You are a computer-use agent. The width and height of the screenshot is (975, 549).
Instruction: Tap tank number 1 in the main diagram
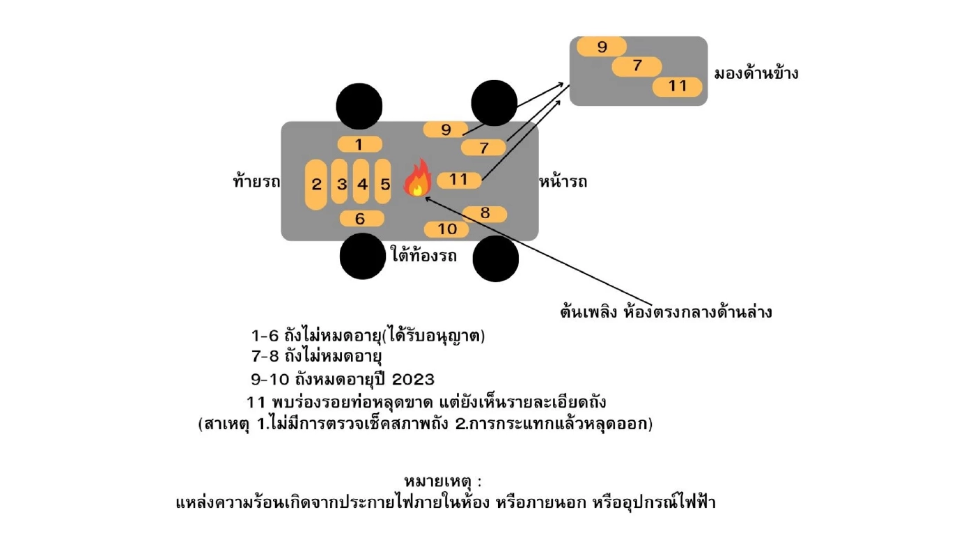[359, 145]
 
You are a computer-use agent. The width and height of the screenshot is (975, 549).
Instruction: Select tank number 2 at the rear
[316, 185]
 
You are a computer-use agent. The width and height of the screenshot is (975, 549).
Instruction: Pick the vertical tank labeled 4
[361, 183]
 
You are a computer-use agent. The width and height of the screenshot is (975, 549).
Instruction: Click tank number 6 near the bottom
[361, 219]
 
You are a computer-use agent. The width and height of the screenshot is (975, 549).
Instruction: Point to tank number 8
[485, 214]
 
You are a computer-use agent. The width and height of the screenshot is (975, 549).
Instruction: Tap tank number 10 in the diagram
[446, 229]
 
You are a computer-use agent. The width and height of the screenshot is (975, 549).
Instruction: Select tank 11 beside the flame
[458, 180]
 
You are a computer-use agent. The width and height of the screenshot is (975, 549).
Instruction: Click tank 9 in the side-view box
[602, 47]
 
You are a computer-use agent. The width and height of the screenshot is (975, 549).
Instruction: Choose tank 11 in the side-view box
[677, 86]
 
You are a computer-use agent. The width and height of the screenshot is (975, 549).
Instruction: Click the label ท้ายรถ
[256, 183]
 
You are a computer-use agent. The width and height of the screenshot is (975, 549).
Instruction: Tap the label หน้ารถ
[563, 183]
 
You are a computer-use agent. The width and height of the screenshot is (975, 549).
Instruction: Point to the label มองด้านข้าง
[756, 73]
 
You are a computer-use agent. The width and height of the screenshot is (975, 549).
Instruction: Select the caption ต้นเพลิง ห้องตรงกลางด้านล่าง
[665, 312]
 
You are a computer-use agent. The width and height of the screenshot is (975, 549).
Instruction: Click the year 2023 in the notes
[413, 380]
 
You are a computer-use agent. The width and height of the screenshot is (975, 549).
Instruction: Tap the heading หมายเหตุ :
[443, 481]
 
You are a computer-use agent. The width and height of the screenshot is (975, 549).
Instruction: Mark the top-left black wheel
[359, 105]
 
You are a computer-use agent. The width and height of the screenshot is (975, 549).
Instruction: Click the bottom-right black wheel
[496, 258]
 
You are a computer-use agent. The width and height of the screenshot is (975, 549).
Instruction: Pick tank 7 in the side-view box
[637, 67]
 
